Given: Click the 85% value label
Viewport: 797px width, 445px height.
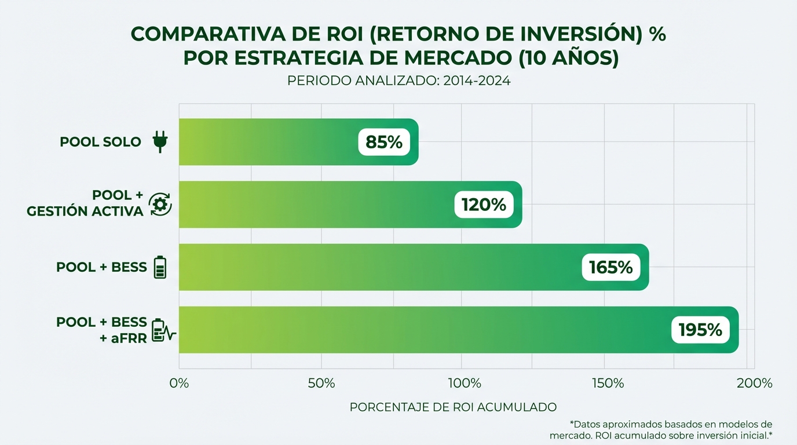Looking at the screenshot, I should (x=384, y=142).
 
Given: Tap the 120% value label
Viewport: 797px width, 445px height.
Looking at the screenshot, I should (x=484, y=205).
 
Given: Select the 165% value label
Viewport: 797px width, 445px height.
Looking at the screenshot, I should (x=611, y=267).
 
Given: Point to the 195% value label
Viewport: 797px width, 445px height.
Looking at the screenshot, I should (x=700, y=330).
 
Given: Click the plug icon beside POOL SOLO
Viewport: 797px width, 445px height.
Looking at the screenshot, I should (x=160, y=142).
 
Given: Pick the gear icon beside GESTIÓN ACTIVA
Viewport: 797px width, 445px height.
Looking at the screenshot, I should (x=160, y=205).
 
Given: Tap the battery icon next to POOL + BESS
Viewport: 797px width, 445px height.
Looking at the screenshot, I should (x=160, y=268).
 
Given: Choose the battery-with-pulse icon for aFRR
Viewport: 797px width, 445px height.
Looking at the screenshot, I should (x=163, y=330).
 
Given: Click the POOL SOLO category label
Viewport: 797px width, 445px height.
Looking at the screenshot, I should (x=100, y=142).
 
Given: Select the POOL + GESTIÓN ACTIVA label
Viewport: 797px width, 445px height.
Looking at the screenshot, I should (x=85, y=203).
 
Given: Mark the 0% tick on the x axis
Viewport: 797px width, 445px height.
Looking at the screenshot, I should (x=179, y=384).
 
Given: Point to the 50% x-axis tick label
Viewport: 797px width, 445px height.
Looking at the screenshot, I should (x=321, y=384).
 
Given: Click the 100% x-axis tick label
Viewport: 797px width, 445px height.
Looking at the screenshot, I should (x=465, y=384).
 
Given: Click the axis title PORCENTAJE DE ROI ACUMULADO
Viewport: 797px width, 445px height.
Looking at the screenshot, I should (x=453, y=407).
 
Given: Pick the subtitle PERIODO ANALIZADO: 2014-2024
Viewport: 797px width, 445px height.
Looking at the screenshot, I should (x=398, y=81).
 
